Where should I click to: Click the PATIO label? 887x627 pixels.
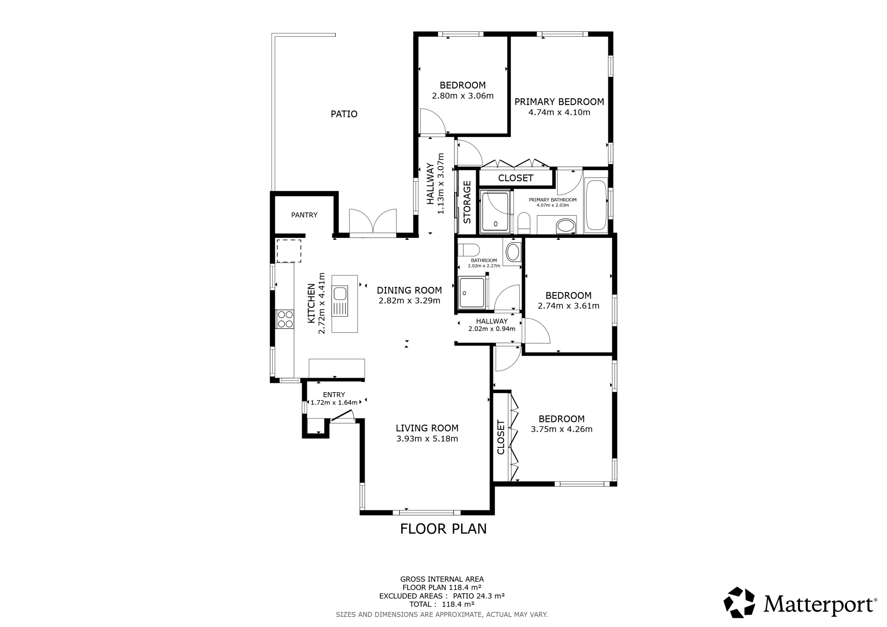[x=344, y=114]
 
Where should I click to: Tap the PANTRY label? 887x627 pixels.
[x=304, y=215]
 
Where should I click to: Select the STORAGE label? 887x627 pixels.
[x=467, y=202]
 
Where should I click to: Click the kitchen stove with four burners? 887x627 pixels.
[x=285, y=319]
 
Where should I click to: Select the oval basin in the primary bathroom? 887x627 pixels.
[x=566, y=226]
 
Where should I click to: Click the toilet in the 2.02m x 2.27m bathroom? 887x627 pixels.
[x=468, y=250]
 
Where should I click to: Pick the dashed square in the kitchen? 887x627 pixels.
[x=289, y=251]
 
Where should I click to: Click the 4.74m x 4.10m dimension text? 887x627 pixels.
[x=559, y=113]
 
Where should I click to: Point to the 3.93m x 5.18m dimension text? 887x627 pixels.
[x=427, y=439]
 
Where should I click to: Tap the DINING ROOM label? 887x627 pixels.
[x=409, y=290]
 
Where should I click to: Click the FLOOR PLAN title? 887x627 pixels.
[x=443, y=529]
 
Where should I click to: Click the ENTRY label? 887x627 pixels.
[x=334, y=395]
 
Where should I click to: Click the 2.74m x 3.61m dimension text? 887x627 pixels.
[x=568, y=306]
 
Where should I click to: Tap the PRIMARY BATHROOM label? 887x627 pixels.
[x=552, y=200]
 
